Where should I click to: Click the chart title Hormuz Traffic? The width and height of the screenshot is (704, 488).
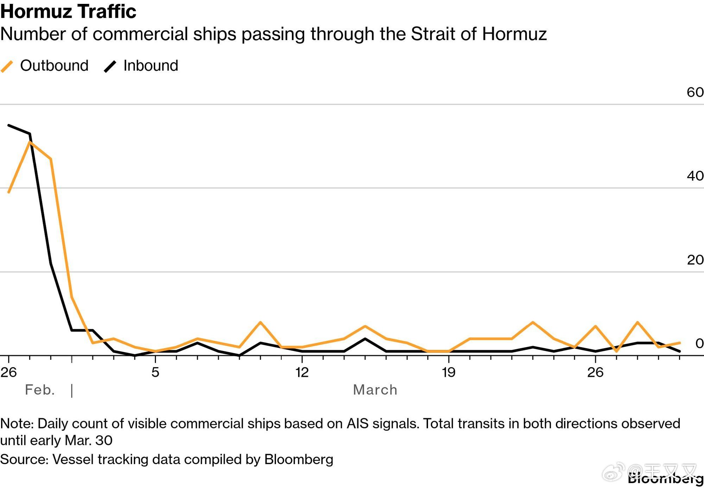68,11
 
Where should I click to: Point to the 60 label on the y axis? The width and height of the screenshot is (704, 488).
695,92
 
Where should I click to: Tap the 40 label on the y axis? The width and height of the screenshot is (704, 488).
695,176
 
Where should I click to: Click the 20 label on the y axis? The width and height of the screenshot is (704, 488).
695,260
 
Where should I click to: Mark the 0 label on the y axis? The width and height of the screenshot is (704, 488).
699,343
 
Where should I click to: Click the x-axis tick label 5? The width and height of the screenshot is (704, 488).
155,372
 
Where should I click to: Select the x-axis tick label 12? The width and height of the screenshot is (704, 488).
302,372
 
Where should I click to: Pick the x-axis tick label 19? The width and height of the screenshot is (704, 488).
448,372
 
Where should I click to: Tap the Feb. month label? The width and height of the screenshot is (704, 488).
40,390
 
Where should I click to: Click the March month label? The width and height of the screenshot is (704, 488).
375,390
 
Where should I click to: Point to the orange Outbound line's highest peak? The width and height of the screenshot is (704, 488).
30,142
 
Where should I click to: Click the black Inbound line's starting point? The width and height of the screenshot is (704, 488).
9,125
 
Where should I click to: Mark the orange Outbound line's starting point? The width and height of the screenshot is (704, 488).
9,192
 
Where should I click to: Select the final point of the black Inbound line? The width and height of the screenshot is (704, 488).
679,351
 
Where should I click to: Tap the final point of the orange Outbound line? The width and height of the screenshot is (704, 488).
679,343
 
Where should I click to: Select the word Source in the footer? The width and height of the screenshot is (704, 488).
23,459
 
